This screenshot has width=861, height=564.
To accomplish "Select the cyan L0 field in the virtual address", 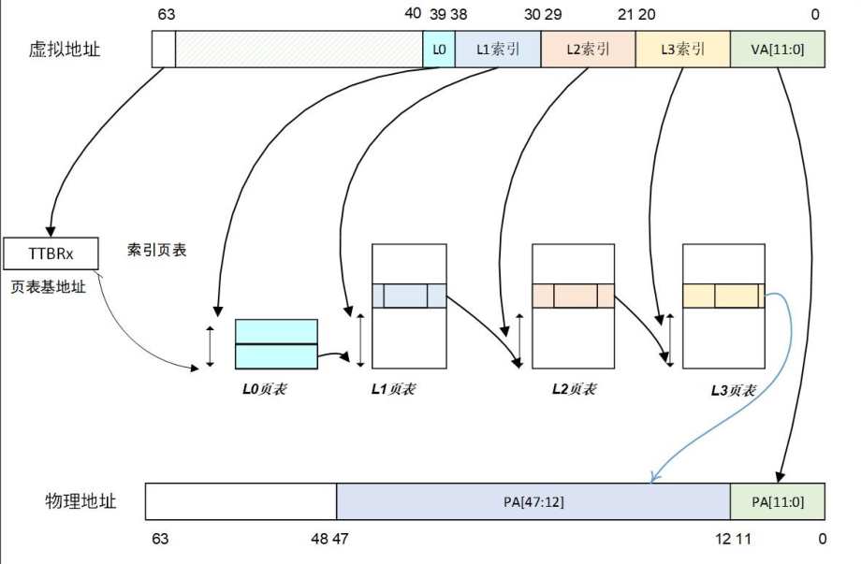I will [439, 50].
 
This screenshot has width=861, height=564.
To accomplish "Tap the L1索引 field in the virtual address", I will [498, 50].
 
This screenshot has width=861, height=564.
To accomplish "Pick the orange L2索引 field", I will [588, 50].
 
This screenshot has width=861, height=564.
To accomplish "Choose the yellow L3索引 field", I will [682, 50].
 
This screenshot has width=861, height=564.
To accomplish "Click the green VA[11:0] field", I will [778, 50].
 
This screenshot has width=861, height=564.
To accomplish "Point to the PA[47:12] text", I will [533, 501].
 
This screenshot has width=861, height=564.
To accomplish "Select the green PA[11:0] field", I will [778, 501].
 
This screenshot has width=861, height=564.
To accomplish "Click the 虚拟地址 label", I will [65, 50].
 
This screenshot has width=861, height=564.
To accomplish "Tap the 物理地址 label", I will [81, 501].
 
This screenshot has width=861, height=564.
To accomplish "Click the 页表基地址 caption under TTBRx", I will [48, 287].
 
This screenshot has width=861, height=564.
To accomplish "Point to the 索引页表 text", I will [157, 251].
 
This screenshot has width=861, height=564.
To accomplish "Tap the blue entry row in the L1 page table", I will [409, 296].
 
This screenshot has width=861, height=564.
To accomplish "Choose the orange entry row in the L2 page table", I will [573, 296].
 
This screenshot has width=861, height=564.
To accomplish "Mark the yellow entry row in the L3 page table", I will [723, 296].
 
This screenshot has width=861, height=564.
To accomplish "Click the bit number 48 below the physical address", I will [319, 539].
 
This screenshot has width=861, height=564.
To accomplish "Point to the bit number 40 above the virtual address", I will [412, 14].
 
